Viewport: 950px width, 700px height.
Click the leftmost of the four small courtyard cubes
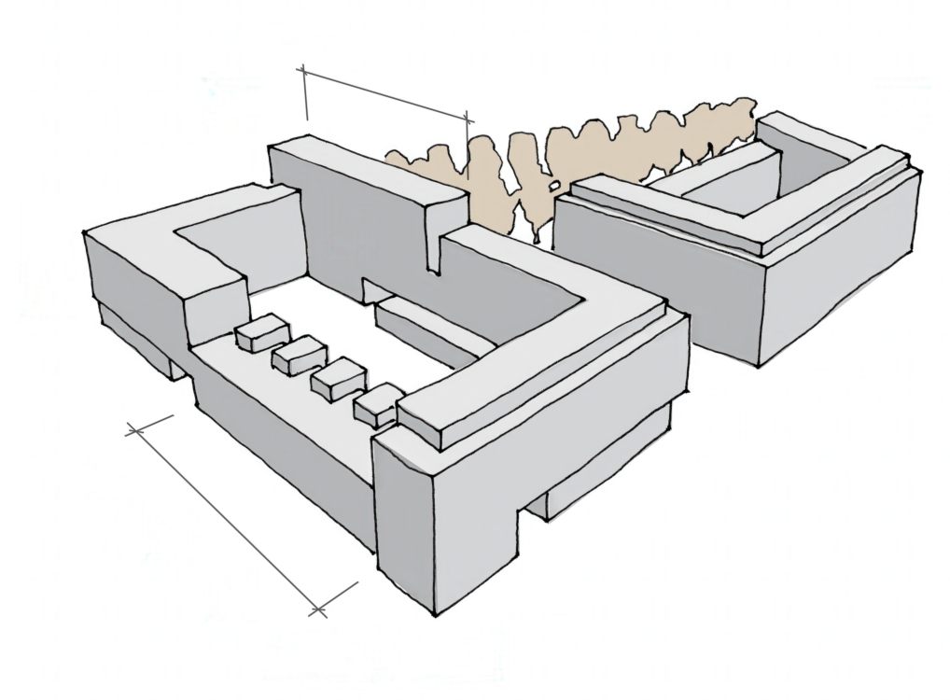pos(261,334)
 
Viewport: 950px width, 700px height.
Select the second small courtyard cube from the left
pos(298,356)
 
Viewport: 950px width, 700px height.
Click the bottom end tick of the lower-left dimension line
pos(318,610)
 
